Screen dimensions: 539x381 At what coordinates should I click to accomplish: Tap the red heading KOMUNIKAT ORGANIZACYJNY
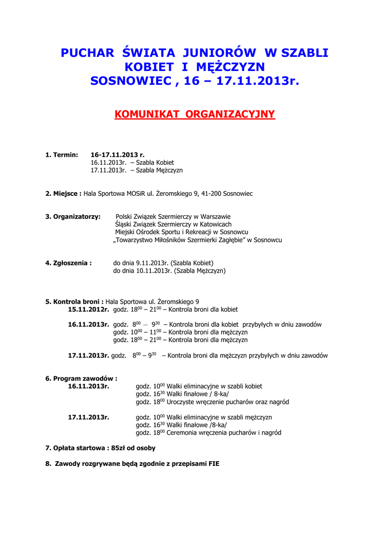[194, 114]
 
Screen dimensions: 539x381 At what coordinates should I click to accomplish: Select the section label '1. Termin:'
[61, 155]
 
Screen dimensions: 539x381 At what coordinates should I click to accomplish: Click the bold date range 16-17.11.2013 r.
[117, 155]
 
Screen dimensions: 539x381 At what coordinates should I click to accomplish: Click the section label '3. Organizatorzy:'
[73, 216]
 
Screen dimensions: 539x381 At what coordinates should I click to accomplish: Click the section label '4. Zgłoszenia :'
[68, 263]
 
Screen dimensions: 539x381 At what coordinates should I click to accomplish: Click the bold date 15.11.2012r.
[88, 310]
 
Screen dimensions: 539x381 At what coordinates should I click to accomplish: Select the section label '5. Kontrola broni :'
[74, 302]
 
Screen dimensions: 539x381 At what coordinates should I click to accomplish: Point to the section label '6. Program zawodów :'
[81, 378]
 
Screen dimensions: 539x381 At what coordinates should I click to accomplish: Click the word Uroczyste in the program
[181, 402]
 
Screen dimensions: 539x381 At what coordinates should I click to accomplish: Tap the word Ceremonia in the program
[182, 433]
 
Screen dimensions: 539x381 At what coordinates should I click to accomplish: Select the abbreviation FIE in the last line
[213, 464]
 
